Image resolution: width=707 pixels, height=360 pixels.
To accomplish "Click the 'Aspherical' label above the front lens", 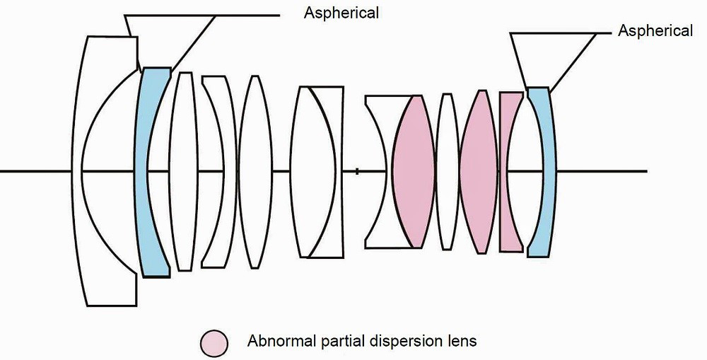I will pos(341,12).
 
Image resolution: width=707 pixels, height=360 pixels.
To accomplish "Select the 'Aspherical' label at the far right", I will pos(655,30).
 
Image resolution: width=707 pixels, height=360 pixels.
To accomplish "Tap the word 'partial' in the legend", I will pos(339,341).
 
